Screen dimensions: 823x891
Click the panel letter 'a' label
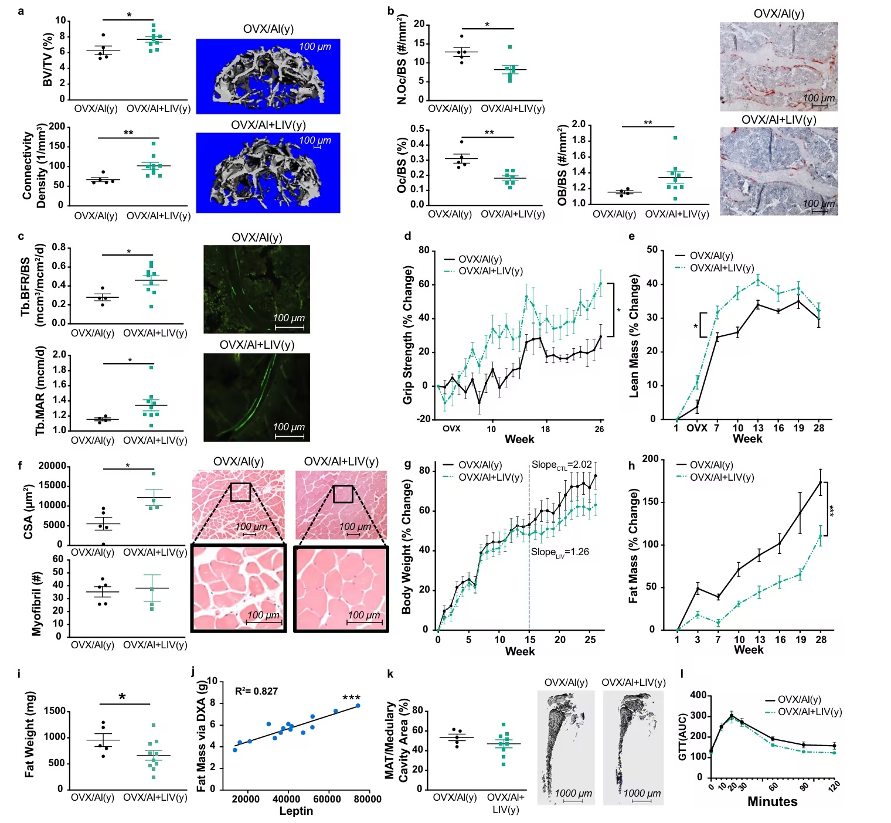click(21, 10)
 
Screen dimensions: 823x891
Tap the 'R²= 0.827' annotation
click(256, 691)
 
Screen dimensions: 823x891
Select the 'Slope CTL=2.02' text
click(562, 465)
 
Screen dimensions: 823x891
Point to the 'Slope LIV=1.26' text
click(560, 552)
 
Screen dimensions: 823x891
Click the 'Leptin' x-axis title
click(295, 811)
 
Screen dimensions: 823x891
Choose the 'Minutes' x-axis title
click(772, 802)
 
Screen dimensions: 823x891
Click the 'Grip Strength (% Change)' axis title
click(408, 335)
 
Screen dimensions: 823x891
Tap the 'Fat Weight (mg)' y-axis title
click(30, 734)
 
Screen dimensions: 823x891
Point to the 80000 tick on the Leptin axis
click(368, 799)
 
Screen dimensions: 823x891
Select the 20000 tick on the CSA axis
click(53, 466)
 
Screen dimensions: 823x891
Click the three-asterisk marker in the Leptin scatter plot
click(351, 698)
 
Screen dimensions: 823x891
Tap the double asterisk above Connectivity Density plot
click(128, 133)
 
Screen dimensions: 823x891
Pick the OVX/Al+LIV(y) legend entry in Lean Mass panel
click(722, 268)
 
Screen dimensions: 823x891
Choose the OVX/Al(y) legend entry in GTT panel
click(799, 699)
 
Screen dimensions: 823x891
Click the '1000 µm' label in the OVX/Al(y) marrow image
click(573, 793)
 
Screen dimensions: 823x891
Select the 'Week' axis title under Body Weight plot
click(520, 651)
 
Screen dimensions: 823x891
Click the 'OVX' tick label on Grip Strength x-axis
click(451, 428)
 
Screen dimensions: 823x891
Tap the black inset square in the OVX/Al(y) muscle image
click(240, 492)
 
